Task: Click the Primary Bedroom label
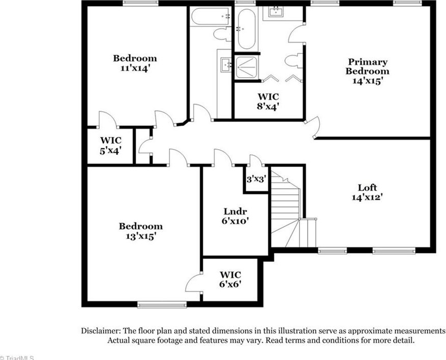pos(367,67)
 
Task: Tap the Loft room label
pos(367,188)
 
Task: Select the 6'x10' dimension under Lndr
pos(235,221)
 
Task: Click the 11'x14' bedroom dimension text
pos(135,68)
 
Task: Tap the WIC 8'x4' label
pos(267,101)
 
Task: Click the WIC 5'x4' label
pos(110,145)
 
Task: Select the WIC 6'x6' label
pos(230,279)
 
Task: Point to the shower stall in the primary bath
pos(247,67)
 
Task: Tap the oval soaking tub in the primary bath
pos(246,29)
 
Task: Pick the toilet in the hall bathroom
pos(222,35)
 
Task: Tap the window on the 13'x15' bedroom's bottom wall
pos(162,305)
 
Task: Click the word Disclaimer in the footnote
pos(101,331)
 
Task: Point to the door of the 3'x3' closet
pos(256,161)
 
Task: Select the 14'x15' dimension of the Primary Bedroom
pos(367,80)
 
